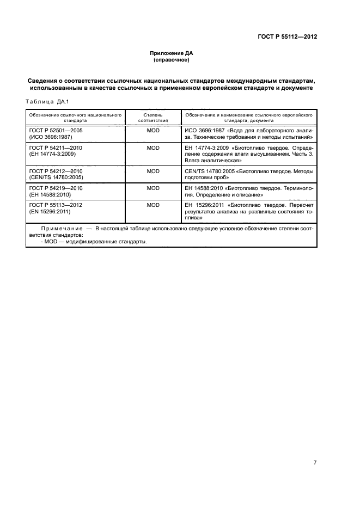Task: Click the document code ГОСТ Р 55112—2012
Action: pyautogui.click(x=287, y=37)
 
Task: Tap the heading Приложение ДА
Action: pyautogui.click(x=172, y=53)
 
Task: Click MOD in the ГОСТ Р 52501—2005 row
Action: pyautogui.click(x=153, y=131)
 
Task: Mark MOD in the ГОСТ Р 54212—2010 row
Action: pyautogui.click(x=153, y=171)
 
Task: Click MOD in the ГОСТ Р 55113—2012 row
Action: pyautogui.click(x=153, y=205)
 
